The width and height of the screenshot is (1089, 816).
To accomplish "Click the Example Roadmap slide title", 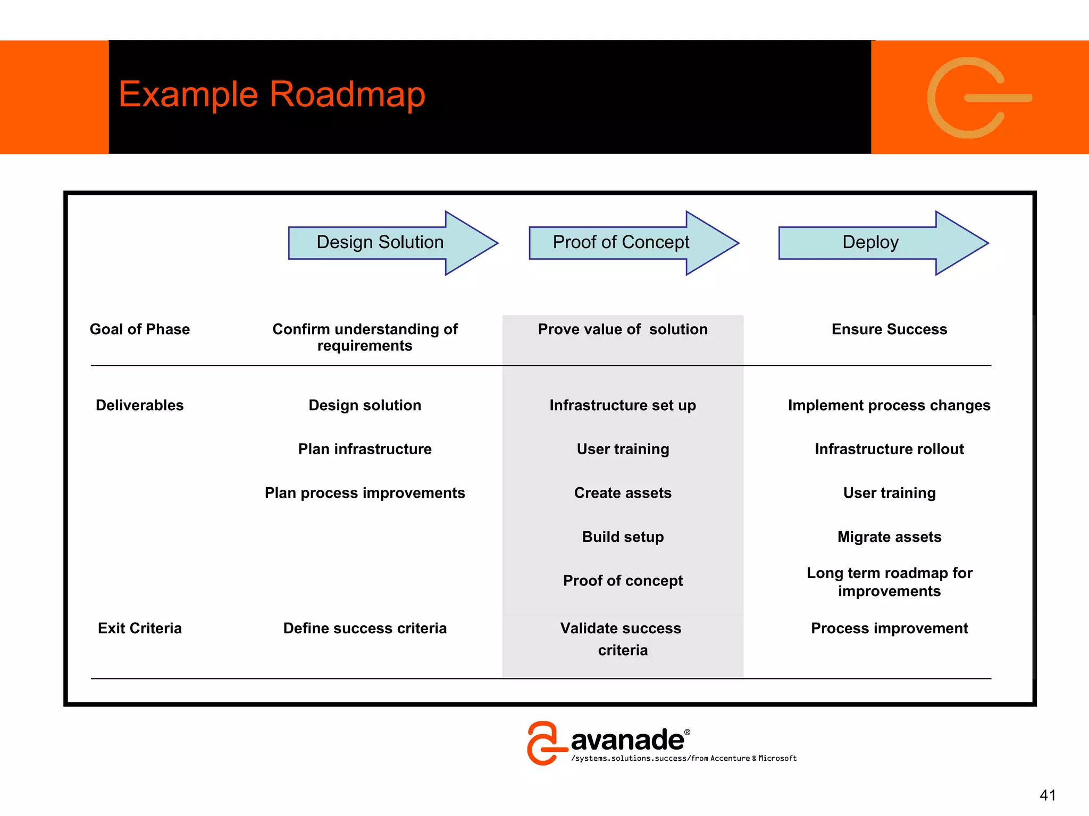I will [x=272, y=95].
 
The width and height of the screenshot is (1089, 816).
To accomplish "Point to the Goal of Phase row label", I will [x=140, y=329].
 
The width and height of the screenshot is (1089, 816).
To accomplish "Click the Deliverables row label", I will [x=140, y=405].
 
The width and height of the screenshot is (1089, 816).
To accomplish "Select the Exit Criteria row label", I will [x=140, y=628].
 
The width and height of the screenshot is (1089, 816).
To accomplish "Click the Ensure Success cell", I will [x=889, y=329].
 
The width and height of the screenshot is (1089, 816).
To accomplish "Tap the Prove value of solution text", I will [x=623, y=329].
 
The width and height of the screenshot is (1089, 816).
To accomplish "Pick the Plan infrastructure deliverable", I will [x=365, y=449].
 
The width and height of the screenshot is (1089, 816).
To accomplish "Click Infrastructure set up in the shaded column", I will [x=623, y=405].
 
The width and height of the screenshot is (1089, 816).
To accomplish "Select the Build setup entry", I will [x=623, y=537].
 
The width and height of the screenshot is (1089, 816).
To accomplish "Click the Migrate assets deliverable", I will [x=889, y=537].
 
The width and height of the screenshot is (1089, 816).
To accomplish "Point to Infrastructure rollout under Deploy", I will [x=889, y=449].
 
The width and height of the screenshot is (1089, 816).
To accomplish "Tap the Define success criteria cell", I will [x=365, y=628].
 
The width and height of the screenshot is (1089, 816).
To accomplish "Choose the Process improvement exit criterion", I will [x=889, y=628].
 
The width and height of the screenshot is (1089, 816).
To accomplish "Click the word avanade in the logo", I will [x=627, y=740].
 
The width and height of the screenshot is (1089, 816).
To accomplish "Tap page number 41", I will [x=1047, y=795].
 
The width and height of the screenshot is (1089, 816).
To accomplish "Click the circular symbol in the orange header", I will [x=973, y=98].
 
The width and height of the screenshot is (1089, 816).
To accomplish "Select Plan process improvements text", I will [x=365, y=493].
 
